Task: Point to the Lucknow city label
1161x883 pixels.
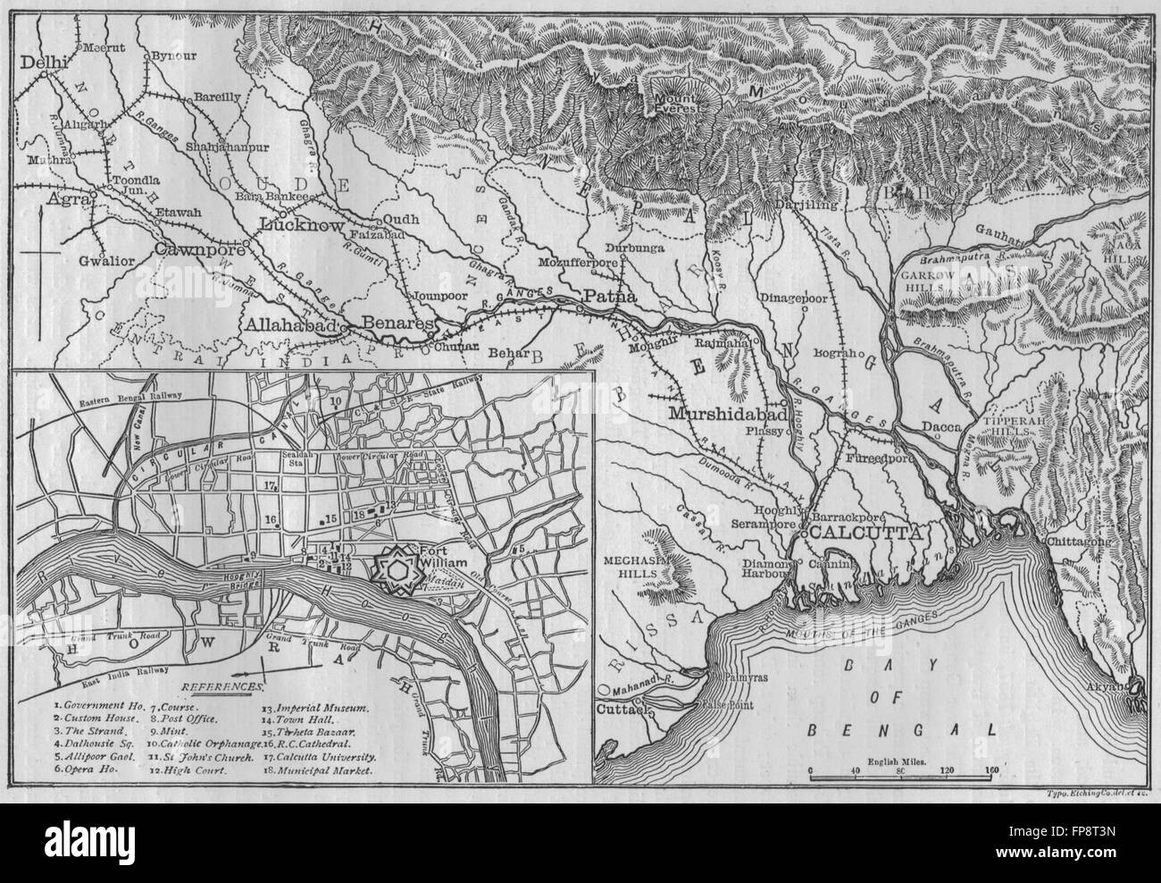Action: coord(300,226)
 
